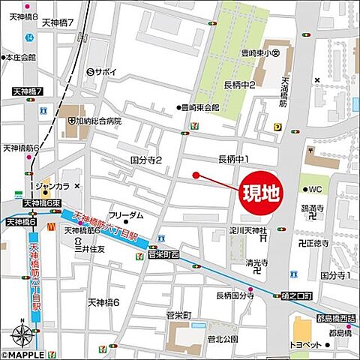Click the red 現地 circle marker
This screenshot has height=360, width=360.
point(259,193)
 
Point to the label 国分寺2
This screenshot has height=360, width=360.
point(145,160)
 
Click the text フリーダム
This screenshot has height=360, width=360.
point(125,215)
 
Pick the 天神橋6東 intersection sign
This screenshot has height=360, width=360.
point(41,203)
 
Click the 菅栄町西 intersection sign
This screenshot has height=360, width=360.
point(163,255)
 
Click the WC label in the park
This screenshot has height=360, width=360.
point(314,188)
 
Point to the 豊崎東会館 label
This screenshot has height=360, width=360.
point(201,107)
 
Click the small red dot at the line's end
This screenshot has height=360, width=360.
point(196,175)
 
